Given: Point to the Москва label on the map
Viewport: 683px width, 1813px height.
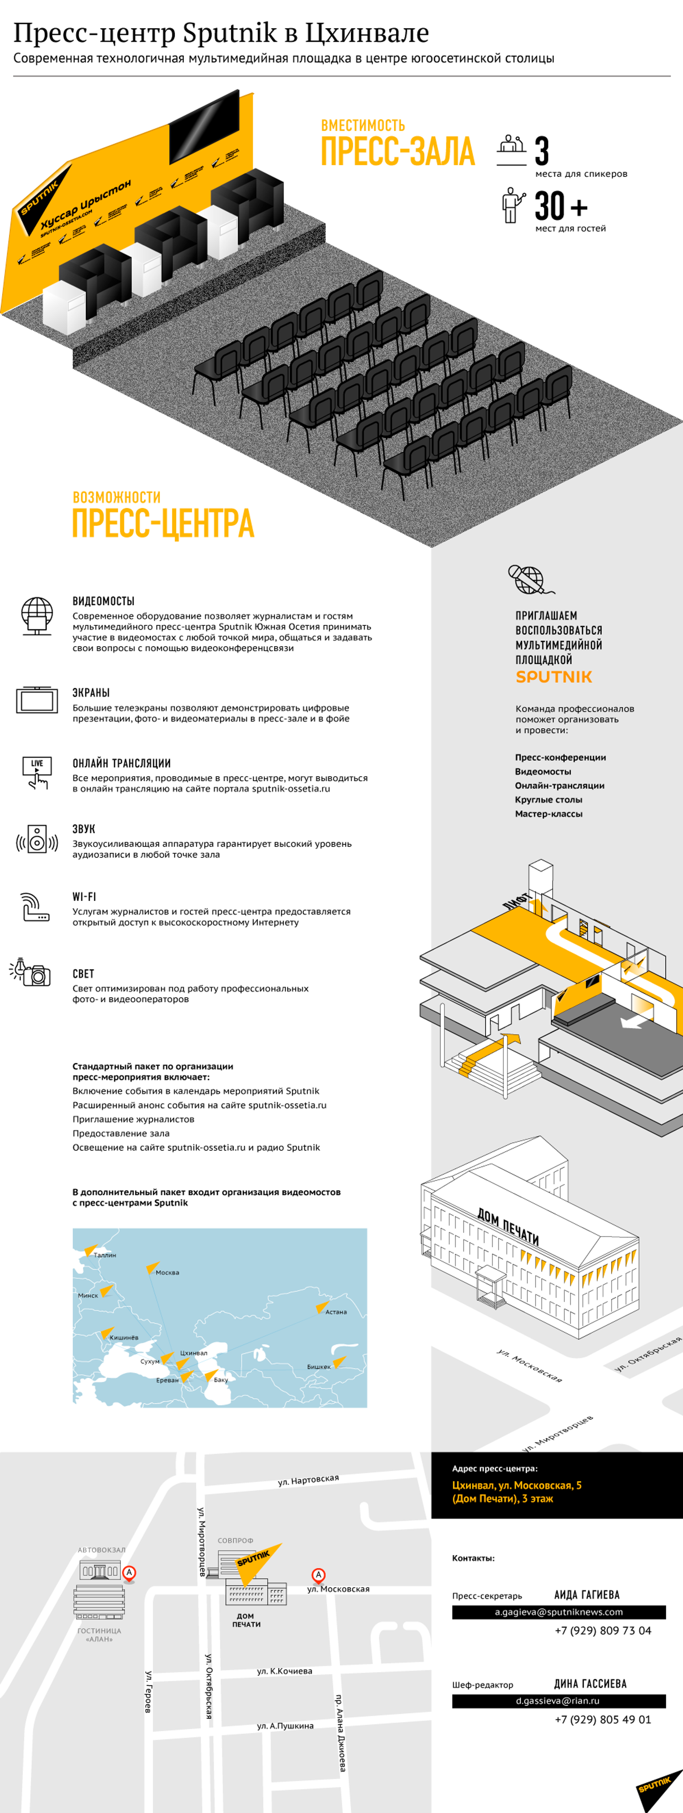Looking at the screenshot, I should (x=167, y=1272).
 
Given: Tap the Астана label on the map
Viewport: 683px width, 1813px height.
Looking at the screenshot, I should (x=336, y=1312).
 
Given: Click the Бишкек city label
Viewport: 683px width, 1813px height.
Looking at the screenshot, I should (x=318, y=1367).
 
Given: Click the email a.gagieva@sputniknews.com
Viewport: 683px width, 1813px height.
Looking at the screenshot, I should (x=558, y=1612).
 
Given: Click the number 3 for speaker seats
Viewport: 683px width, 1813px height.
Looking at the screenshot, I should (x=541, y=151).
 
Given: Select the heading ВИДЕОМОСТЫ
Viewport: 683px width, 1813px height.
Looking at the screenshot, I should (x=104, y=600).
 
